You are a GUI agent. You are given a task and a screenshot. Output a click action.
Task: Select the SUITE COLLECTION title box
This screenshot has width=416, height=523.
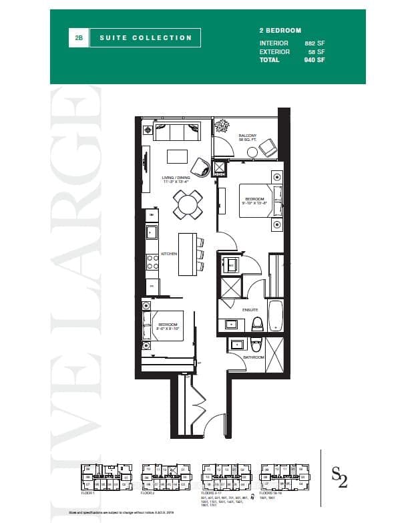[146, 38]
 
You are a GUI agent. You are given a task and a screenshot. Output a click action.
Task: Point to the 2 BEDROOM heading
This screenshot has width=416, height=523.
[280, 31]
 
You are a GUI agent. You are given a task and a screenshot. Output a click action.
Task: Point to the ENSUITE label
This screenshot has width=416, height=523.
[250, 310]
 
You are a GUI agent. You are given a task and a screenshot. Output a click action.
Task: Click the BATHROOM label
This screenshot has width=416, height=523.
[254, 357]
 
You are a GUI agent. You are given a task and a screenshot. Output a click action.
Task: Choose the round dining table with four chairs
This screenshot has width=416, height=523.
[188, 204]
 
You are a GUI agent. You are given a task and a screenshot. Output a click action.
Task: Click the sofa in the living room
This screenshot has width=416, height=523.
[179, 132]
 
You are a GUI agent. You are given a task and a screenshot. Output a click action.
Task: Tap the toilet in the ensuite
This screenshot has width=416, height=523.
[257, 325]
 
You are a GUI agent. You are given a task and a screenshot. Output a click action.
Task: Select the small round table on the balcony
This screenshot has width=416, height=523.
[252, 152]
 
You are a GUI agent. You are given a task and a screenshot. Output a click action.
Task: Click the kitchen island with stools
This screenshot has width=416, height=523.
[188, 254]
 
